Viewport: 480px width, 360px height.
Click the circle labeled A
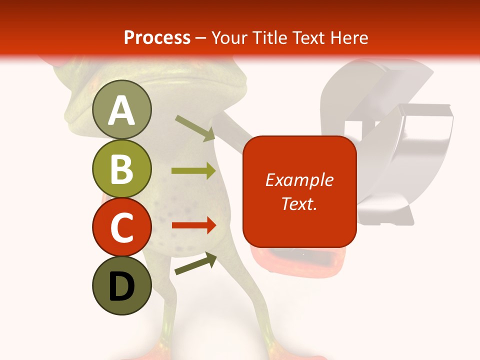(x=121, y=109)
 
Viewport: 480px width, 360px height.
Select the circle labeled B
(x=121, y=168)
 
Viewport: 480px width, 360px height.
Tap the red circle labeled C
(x=121, y=227)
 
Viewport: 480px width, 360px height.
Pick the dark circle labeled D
(x=121, y=285)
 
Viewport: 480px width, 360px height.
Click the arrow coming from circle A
(x=195, y=128)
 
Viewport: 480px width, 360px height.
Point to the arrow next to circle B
(x=193, y=171)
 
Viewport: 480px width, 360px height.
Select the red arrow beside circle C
(x=193, y=225)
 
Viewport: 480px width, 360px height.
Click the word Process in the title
(x=157, y=38)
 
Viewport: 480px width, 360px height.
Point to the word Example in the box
(x=299, y=180)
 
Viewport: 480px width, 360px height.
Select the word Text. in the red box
(x=299, y=203)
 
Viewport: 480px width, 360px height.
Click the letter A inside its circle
(x=121, y=110)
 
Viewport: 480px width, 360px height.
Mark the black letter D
(x=121, y=286)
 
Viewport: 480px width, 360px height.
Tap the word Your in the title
(x=229, y=38)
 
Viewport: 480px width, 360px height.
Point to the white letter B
(x=121, y=169)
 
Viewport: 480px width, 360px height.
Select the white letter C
(x=121, y=228)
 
